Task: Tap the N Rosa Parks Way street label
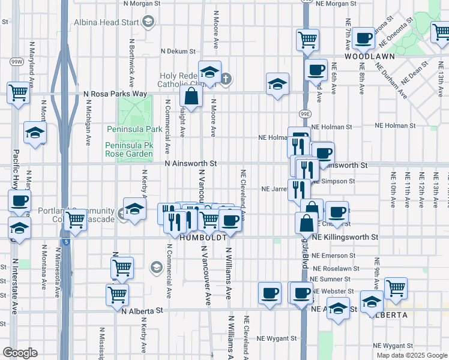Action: pyautogui.click(x=115, y=94)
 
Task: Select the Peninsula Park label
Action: pyautogui.click(x=134, y=129)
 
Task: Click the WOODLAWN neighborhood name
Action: pyautogui.click(x=369, y=56)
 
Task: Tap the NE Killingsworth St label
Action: pyautogui.click(x=348, y=238)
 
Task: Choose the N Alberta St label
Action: pyautogui.click(x=142, y=311)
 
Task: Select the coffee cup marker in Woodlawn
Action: pyautogui.click(x=363, y=39)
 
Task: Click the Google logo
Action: pyautogui.click(x=20, y=353)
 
